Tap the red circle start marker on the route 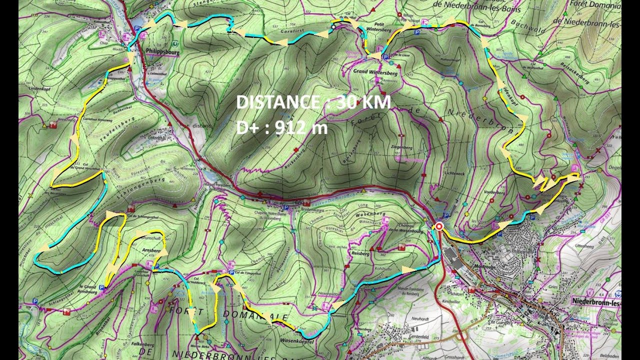click(439, 226)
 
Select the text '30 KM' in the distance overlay click(363, 102)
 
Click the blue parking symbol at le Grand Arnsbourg click(102, 287)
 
